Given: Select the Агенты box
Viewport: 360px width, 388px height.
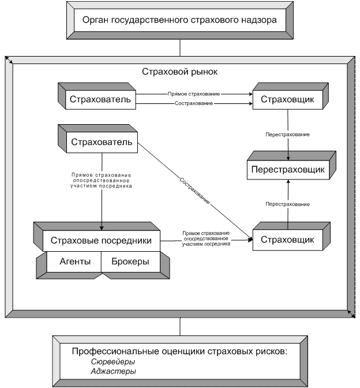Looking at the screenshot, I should pyautogui.click(x=75, y=262).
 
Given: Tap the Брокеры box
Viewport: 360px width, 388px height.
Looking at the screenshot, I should pyautogui.click(x=130, y=262).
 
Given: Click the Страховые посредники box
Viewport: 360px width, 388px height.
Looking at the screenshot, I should pyautogui.click(x=102, y=240).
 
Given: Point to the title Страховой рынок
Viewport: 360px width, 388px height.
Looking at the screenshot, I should pyautogui.click(x=179, y=72).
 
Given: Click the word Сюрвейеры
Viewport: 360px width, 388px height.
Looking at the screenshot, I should pyautogui.click(x=112, y=361).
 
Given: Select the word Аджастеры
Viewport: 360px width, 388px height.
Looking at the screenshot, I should pyautogui.click(x=113, y=371).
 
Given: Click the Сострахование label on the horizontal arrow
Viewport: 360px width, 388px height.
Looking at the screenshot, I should pyautogui.click(x=194, y=103).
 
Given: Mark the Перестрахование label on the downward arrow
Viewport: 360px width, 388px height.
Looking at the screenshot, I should pyautogui.click(x=287, y=135).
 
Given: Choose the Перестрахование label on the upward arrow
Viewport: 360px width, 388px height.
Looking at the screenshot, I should pyautogui.click(x=287, y=204).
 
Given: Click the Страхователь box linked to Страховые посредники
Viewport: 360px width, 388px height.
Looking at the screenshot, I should pyautogui.click(x=102, y=142).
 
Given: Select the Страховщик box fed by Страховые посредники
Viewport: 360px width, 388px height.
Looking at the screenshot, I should pyautogui.click(x=287, y=240).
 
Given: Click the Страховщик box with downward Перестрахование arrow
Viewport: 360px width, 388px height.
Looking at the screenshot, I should pyautogui.click(x=287, y=100).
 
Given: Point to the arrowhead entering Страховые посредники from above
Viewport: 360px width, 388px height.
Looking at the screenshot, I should pyautogui.click(x=102, y=227).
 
